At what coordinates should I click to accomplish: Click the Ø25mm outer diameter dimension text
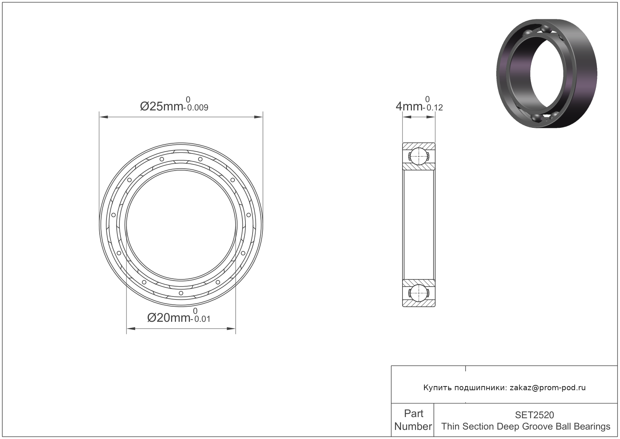click(161, 106)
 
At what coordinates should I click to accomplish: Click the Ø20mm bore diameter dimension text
click(168, 318)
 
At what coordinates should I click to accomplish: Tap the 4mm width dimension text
click(409, 106)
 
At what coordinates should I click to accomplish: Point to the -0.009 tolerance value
click(196, 107)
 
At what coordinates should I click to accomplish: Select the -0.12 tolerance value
click(433, 107)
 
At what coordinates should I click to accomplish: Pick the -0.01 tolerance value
click(200, 319)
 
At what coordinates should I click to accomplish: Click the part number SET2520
click(534, 414)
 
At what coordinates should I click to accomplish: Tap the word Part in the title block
click(413, 414)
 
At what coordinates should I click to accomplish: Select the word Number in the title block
click(413, 426)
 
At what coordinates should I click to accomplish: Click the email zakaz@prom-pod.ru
click(548, 388)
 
